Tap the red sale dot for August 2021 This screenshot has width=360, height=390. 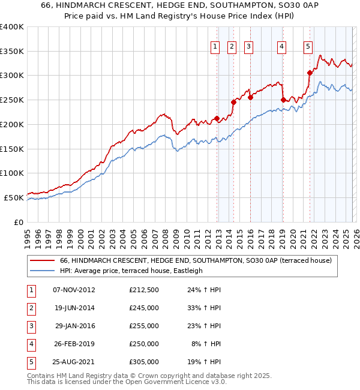tap(310, 73)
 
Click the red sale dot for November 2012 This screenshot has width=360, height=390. tap(217, 118)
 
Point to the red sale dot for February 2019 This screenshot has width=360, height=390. tap(283, 100)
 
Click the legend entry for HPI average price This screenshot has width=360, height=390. tap(131, 271)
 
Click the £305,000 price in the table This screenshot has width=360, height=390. tap(144, 362)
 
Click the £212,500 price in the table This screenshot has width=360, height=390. tap(144, 290)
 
